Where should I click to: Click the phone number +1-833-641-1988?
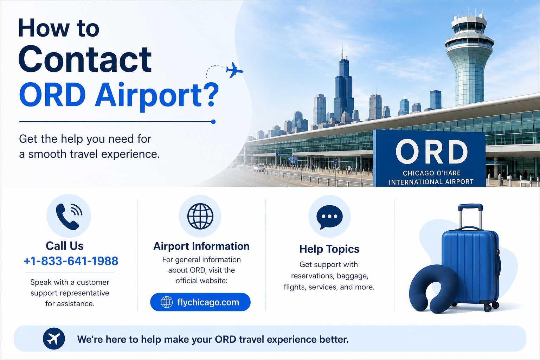(71, 261)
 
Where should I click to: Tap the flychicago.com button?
(200, 302)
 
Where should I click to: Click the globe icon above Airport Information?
(200, 216)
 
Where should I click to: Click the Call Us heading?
(65, 246)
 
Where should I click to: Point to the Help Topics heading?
(329, 249)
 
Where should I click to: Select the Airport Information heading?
(201, 246)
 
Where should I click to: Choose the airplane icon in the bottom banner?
(54, 339)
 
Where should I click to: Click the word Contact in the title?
(85, 59)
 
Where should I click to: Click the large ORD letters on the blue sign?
(431, 152)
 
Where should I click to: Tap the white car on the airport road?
(259, 168)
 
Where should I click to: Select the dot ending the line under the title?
(213, 122)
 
